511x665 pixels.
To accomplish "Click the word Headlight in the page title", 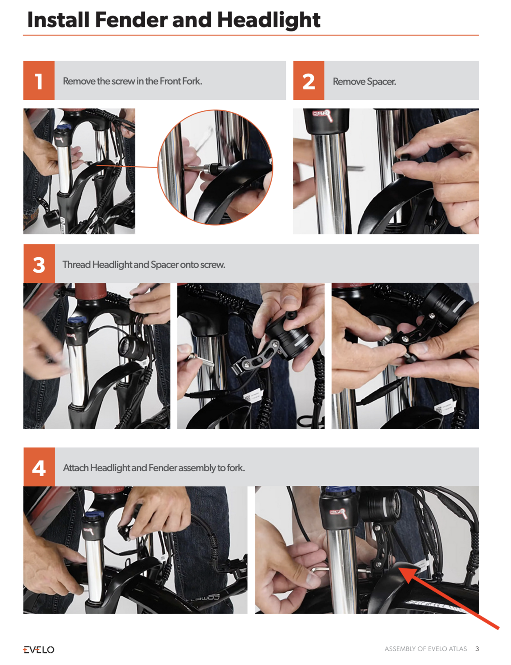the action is click(x=269, y=20).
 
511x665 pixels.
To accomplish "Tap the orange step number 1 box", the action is click(x=39, y=81).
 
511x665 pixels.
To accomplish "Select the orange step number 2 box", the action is click(x=308, y=81).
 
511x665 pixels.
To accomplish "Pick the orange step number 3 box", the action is click(x=39, y=263).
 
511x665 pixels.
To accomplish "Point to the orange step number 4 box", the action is click(x=39, y=467).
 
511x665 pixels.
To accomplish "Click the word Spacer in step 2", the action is click(x=381, y=82).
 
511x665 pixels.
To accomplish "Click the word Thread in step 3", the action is click(x=77, y=264).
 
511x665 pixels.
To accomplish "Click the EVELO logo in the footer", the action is click(x=39, y=649).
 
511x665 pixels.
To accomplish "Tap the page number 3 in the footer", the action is click(x=477, y=649).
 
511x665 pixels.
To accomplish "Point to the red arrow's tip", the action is click(x=399, y=567).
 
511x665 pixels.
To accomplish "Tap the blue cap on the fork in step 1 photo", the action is click(x=63, y=127).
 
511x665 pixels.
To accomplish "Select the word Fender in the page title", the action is click(x=132, y=20).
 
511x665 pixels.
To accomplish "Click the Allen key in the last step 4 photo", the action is click(x=321, y=569).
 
